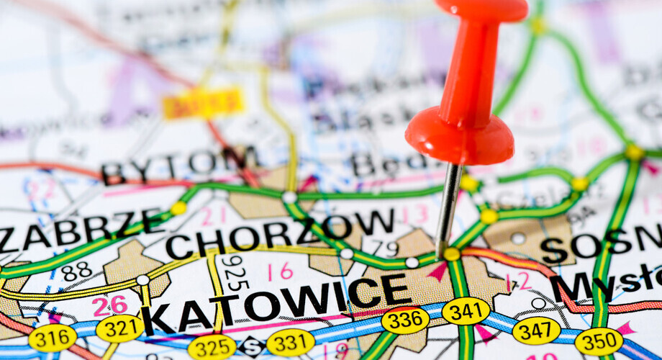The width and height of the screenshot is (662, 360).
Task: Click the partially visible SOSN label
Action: click(x=601, y=245)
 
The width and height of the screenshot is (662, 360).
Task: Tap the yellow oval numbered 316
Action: click(x=53, y=338)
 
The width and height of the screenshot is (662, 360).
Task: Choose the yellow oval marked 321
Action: click(x=119, y=328)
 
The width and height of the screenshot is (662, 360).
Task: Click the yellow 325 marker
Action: click(x=212, y=346)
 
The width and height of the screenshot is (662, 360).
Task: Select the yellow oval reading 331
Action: click(x=291, y=342)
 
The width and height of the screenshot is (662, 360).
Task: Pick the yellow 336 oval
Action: click(x=405, y=320)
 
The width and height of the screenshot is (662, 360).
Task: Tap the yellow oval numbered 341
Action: click(x=466, y=311)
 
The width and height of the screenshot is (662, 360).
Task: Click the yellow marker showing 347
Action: click(x=536, y=330)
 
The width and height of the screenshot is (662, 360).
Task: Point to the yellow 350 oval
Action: click(x=599, y=341)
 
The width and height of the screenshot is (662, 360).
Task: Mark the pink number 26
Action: click(x=109, y=305)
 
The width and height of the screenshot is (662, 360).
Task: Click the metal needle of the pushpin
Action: click(x=448, y=209)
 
